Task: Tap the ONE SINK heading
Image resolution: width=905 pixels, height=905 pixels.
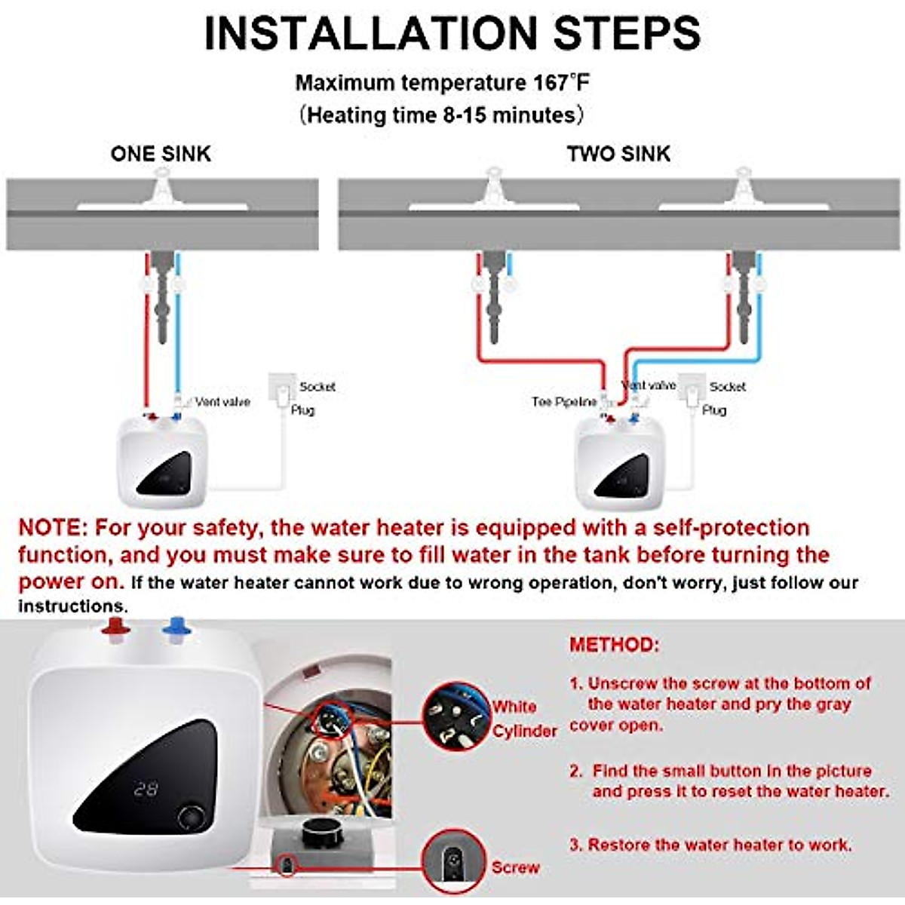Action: tap(161, 154)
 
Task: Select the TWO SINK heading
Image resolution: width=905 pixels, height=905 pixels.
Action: tap(618, 154)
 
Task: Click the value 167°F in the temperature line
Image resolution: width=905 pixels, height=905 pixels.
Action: tap(560, 83)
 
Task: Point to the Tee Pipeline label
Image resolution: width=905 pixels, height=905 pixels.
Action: tap(563, 402)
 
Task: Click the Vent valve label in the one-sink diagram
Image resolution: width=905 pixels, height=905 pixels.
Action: tap(222, 402)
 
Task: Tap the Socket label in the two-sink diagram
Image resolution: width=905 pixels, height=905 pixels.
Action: tap(727, 387)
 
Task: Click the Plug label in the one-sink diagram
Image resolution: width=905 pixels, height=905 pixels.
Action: tap(302, 410)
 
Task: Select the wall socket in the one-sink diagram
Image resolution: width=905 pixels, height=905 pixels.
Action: tap(281, 387)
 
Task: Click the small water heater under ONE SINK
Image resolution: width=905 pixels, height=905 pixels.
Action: tap(162, 462)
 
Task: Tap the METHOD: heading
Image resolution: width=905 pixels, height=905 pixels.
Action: tap(614, 645)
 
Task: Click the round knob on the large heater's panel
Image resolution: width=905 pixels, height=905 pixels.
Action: tap(192, 818)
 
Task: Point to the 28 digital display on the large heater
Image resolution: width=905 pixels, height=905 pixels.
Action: tap(146, 790)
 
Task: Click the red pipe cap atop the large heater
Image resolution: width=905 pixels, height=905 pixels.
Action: tap(115, 628)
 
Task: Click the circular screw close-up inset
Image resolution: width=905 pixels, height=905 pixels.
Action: tap(452, 861)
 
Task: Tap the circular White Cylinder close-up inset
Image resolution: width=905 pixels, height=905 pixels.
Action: tap(456, 716)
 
